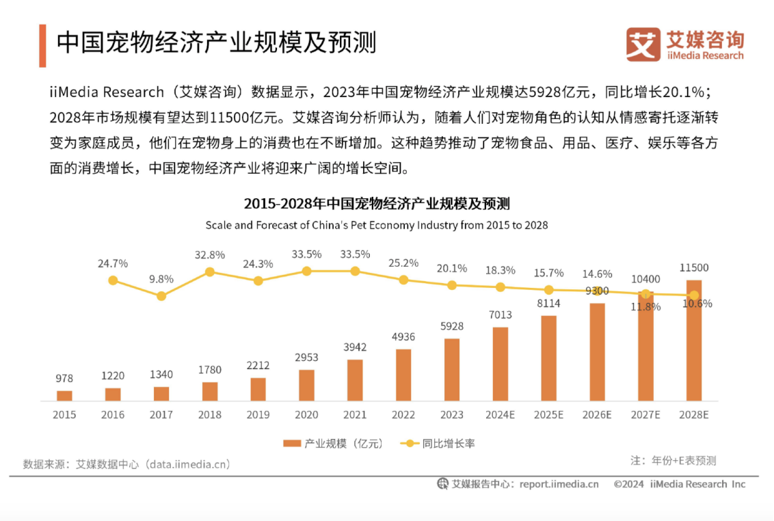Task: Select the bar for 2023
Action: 451,370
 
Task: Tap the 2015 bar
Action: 64,396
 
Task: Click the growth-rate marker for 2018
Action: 210,271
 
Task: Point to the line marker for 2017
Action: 161,296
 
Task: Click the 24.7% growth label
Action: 113,263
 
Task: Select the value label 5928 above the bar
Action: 451,326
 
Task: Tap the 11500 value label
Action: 694,267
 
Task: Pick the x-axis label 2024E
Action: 500,414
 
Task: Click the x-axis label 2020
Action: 306,414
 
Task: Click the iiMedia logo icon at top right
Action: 643,44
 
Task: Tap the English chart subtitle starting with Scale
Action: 377,225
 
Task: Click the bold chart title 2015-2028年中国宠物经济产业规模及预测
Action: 377,204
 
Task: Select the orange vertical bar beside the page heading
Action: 42,46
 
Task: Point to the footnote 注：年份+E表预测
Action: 673,460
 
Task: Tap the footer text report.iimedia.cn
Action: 559,484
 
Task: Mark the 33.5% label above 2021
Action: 355,254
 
